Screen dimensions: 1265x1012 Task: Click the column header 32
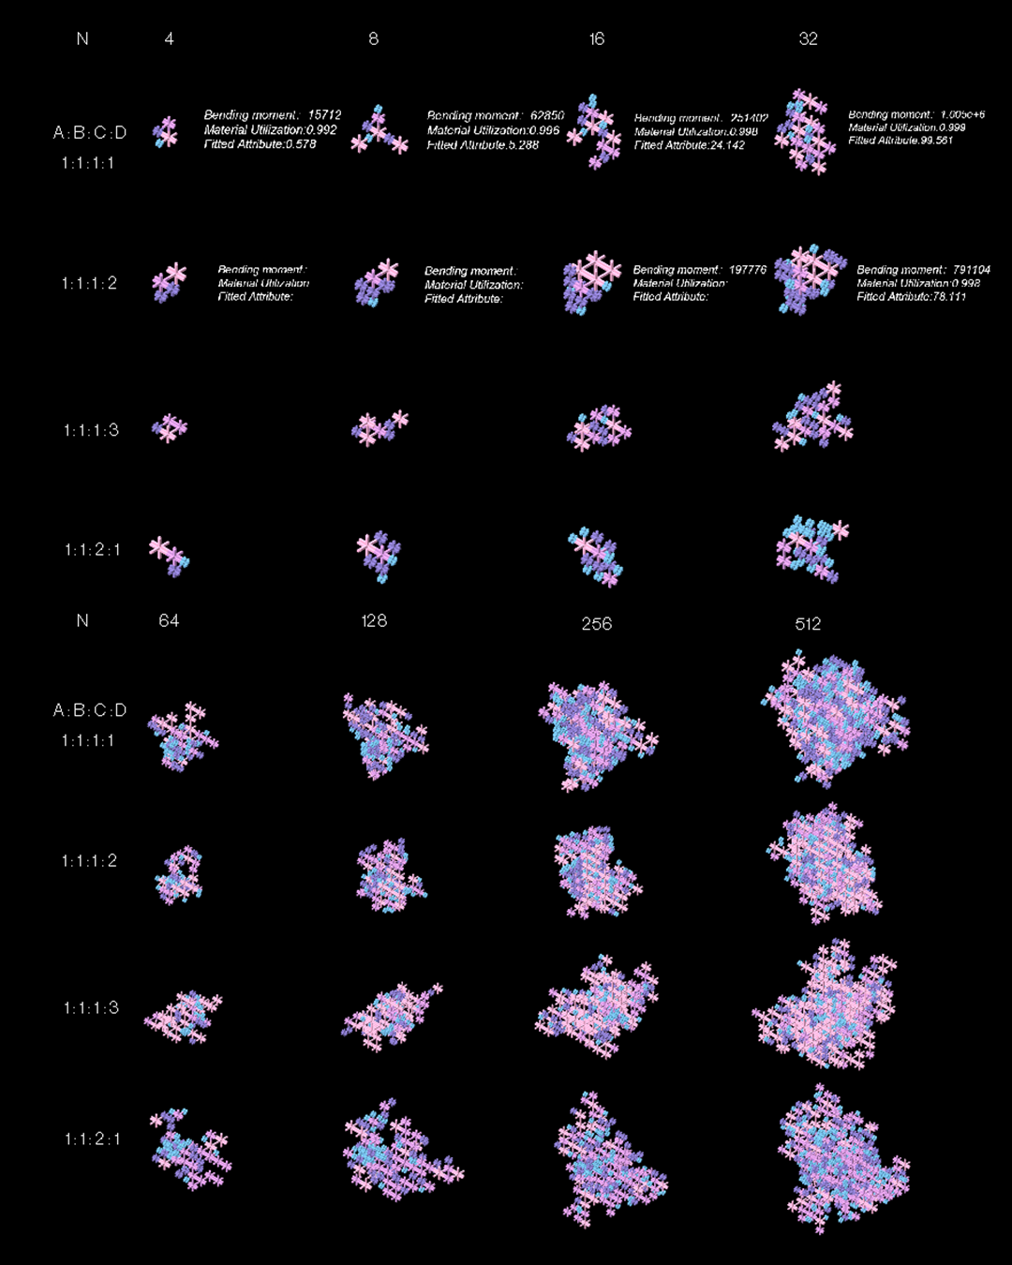tap(808, 38)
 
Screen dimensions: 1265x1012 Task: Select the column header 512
tap(808, 623)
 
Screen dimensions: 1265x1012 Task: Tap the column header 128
tap(374, 620)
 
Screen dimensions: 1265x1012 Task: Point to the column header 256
tap(596, 623)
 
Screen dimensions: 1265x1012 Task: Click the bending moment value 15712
tap(324, 115)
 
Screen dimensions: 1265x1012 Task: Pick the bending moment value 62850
tap(547, 116)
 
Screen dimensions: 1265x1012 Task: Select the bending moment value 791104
tap(971, 270)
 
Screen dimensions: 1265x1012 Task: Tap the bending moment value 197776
tap(748, 270)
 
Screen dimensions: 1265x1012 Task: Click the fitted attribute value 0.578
tap(300, 144)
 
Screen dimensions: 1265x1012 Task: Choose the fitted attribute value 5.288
tap(522, 145)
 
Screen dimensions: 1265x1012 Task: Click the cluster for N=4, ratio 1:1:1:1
tap(166, 132)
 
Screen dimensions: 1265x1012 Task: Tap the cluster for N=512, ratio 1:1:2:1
tap(841, 1158)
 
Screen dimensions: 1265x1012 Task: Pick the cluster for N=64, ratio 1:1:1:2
tap(178, 875)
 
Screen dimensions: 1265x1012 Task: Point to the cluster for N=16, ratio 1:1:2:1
tap(595, 556)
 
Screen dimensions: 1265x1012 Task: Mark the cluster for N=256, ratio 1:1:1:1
tap(597, 734)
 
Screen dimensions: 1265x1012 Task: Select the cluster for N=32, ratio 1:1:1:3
tap(811, 416)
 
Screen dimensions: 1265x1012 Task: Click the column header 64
tap(169, 620)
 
